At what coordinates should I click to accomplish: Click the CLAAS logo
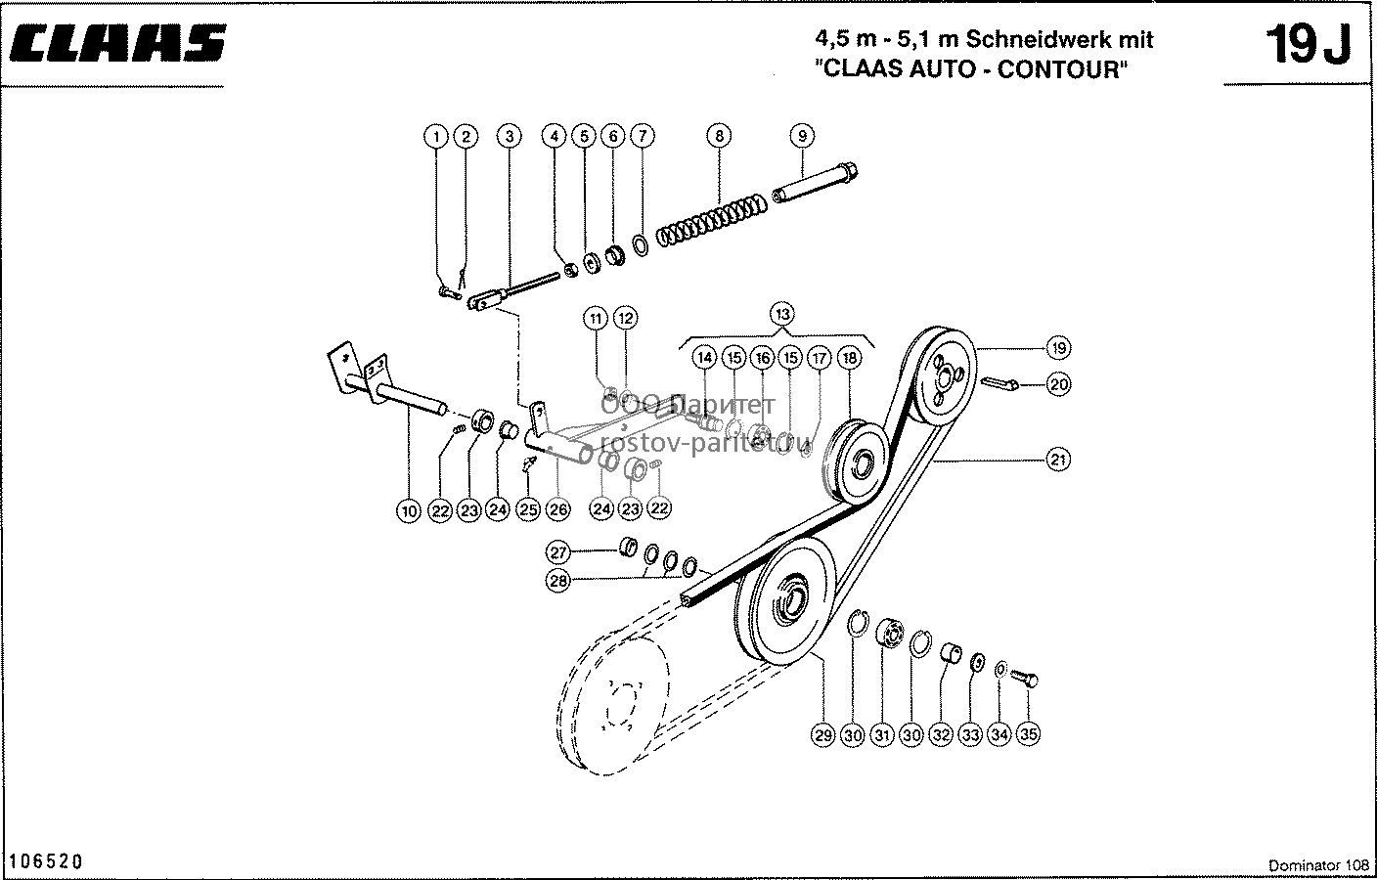click(117, 44)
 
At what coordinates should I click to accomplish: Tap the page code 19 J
click(1309, 45)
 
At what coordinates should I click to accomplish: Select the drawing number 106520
click(46, 861)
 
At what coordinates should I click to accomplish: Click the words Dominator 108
click(1318, 865)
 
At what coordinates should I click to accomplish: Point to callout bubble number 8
click(719, 136)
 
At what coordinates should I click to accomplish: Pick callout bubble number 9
click(802, 136)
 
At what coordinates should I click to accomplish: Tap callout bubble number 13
click(782, 315)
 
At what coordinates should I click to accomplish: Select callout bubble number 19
click(1058, 348)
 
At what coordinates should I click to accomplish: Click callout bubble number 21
click(1058, 460)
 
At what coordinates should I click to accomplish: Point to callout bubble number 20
click(1058, 384)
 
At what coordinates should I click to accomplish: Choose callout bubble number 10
click(409, 510)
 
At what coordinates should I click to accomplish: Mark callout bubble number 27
click(557, 552)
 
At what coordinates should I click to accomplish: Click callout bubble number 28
click(557, 581)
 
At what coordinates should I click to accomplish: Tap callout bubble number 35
click(1029, 733)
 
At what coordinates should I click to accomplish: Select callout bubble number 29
click(823, 735)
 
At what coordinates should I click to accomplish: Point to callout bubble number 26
click(557, 509)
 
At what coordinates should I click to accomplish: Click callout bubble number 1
click(436, 137)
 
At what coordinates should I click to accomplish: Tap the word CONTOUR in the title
click(1062, 69)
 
